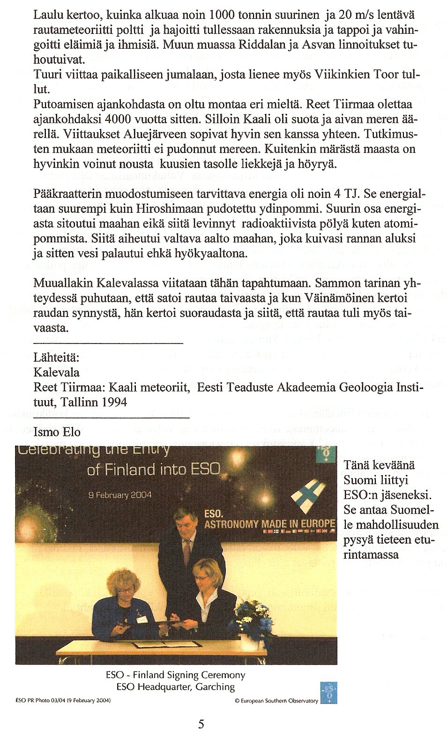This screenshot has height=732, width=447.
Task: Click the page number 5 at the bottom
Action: (201, 724)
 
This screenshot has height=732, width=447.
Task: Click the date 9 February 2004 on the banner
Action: (120, 495)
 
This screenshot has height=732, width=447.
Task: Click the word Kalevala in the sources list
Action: (57, 373)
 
